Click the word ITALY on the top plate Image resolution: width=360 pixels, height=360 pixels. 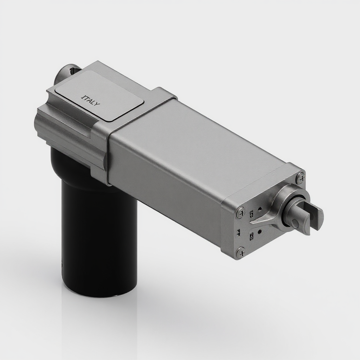pos(90,100)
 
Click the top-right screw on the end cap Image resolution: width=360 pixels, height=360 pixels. pos(300,179)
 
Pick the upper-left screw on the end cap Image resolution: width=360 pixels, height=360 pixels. pos(240,212)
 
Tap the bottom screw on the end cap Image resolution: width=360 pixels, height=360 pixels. pos(241,252)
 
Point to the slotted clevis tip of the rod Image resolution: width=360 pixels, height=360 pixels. pos(315,216)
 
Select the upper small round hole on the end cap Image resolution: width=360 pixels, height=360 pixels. pos(260,209)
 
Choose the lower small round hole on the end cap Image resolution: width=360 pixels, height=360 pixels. pos(259,232)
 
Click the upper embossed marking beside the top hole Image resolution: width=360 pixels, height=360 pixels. pos(252,214)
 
